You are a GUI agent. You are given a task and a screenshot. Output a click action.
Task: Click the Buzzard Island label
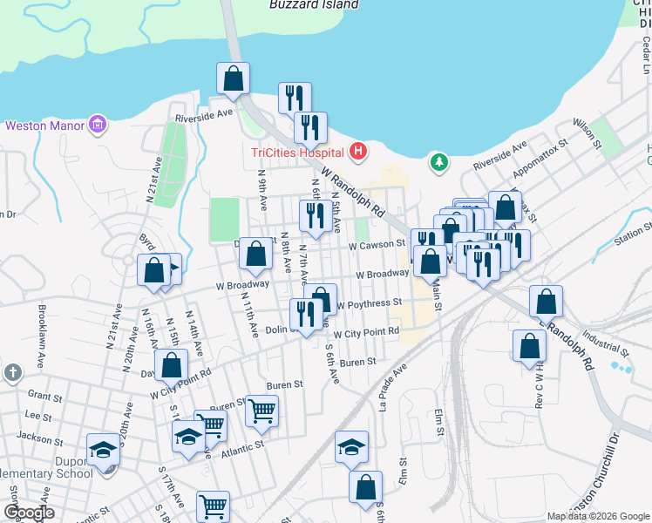click(x=314, y=4)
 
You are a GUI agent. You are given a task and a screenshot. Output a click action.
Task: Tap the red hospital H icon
click(x=357, y=153)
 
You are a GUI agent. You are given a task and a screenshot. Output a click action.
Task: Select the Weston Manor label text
click(x=44, y=126)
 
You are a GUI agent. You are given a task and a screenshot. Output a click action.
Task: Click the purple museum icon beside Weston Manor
click(x=98, y=126)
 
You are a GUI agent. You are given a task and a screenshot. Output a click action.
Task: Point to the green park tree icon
click(x=438, y=162)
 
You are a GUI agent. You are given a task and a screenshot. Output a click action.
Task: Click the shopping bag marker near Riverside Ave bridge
click(x=234, y=78)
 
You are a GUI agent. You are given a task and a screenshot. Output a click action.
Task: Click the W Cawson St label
click(x=377, y=246)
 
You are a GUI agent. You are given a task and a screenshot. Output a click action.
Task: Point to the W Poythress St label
click(x=369, y=303)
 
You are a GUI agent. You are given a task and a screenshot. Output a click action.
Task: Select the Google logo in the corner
click(x=28, y=513)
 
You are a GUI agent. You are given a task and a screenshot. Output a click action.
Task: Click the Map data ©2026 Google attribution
click(x=598, y=516)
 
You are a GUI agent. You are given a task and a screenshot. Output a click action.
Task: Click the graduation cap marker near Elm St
click(x=352, y=446)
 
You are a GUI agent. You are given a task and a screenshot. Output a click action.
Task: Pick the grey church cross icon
click(x=11, y=372)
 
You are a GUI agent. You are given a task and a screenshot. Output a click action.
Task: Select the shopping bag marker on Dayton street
click(x=171, y=364)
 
